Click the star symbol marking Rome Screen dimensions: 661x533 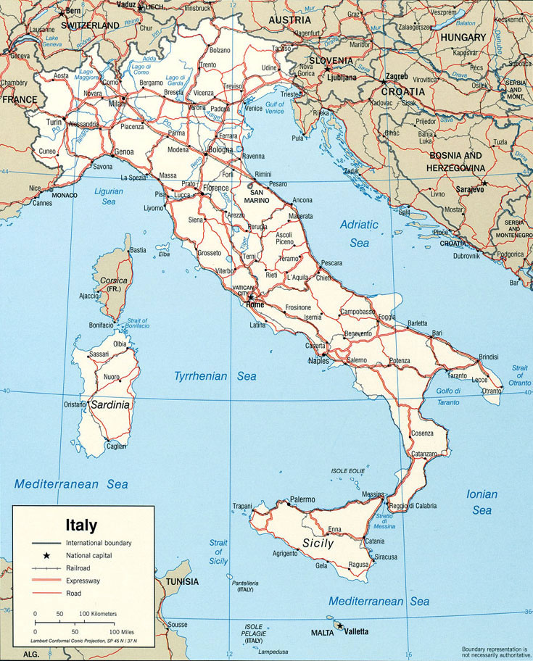[251, 297]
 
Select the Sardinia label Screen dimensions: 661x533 [110, 405]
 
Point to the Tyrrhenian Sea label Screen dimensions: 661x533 [215, 376]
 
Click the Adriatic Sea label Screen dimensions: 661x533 [360, 233]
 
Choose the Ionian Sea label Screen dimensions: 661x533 [482, 502]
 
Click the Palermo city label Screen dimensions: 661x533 [302, 499]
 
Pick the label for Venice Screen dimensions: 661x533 [253, 109]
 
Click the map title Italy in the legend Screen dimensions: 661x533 [81, 524]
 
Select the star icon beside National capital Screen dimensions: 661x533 [46, 555]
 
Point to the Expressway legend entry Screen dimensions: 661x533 [84, 581]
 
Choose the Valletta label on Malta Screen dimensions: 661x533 [355, 631]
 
